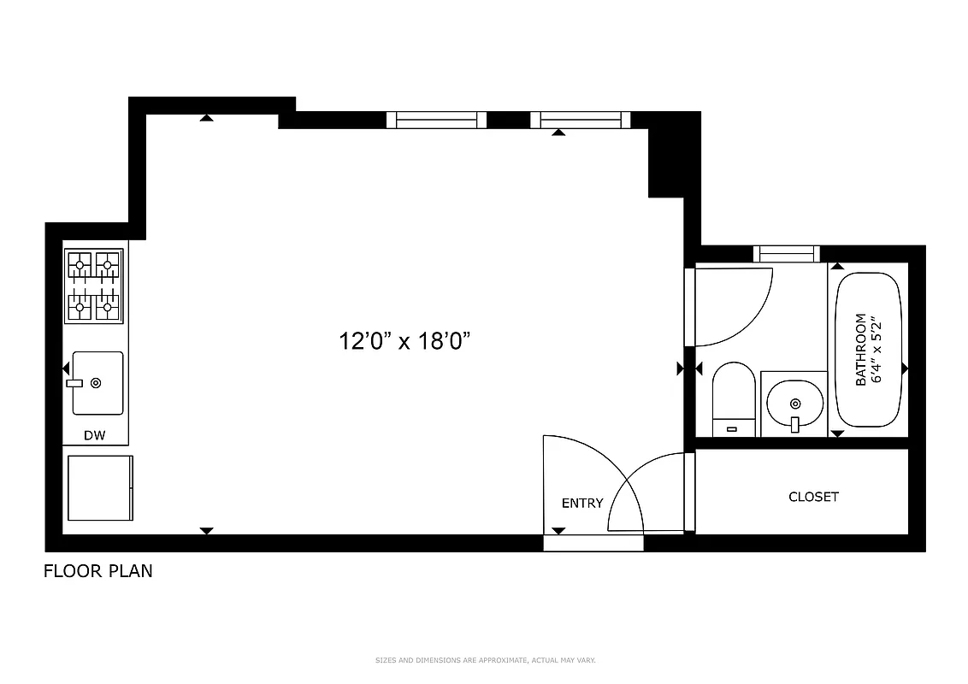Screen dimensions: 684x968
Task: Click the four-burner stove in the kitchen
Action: point(94,286)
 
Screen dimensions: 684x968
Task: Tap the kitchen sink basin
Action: point(97,382)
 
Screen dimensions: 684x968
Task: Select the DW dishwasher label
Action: point(94,436)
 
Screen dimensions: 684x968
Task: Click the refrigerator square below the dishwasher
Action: point(99,487)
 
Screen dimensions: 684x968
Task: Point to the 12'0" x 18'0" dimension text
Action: point(405,342)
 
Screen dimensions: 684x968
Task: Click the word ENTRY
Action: point(582,504)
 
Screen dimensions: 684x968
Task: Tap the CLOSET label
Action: point(813,497)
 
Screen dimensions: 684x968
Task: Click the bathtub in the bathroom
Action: point(869,351)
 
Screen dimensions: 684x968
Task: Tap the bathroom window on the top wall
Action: point(786,254)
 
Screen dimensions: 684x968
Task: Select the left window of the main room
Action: point(436,120)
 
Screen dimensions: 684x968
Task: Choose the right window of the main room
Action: point(581,120)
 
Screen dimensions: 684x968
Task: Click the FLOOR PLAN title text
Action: point(98,571)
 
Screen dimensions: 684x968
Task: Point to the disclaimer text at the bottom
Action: point(485,660)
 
